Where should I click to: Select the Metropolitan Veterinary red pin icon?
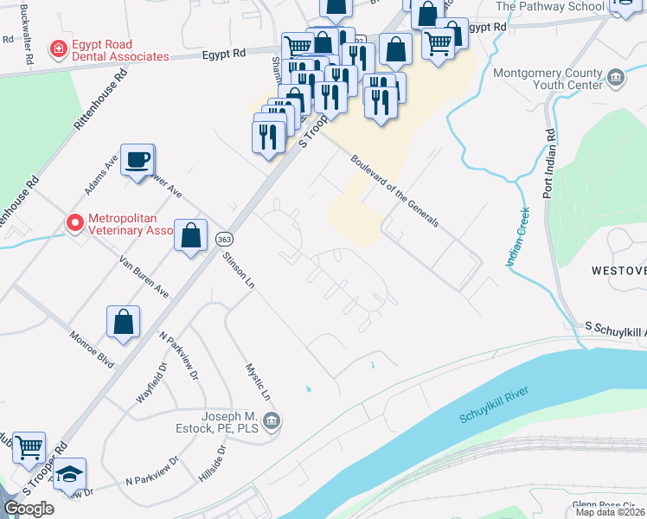(75, 224)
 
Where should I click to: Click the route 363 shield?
(224, 239)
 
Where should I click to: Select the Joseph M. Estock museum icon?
(272, 421)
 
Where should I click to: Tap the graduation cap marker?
(69, 475)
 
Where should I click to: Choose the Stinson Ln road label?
(239, 269)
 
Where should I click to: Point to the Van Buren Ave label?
(143, 275)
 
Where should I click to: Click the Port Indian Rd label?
(548, 164)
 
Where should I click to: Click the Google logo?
(29, 508)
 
